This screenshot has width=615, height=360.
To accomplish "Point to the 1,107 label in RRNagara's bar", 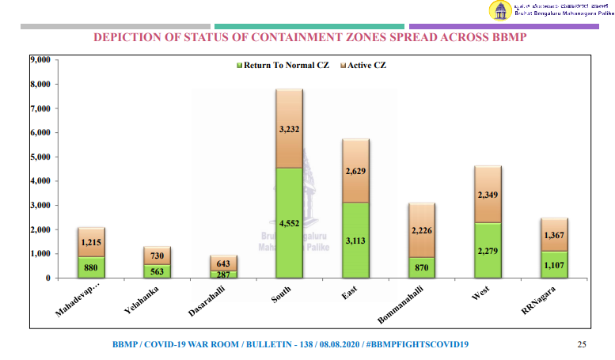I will coord(554,265).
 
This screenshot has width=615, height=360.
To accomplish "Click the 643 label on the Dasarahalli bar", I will coord(222,263).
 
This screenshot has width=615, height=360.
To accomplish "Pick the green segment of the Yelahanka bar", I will coord(157,271).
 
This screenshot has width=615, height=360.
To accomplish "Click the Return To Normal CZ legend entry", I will coord(283,65).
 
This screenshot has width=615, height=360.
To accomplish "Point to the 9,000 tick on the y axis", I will coord(39,59).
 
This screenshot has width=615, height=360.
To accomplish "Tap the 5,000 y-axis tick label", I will coord(39,157).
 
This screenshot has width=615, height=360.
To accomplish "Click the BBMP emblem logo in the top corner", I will coord(500,10).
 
